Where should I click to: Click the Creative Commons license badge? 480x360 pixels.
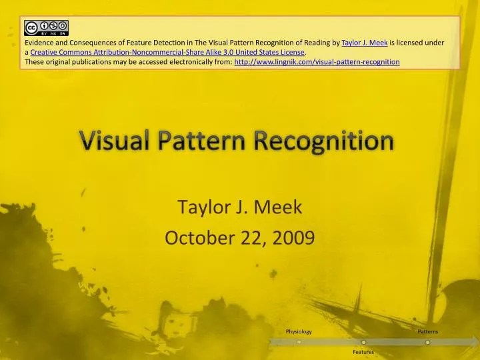46,27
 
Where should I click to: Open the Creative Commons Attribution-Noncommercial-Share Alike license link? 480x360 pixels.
167,52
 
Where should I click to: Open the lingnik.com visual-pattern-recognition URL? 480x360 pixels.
317,61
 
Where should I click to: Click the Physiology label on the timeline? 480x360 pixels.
299,331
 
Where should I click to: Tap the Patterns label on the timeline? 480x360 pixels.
428,331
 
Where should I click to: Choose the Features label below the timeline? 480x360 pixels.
363,351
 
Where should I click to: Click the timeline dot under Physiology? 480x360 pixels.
299,342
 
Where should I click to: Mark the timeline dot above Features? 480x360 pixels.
363,342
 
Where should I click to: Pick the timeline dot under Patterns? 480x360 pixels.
428,342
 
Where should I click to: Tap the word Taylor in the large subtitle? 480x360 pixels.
201,208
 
